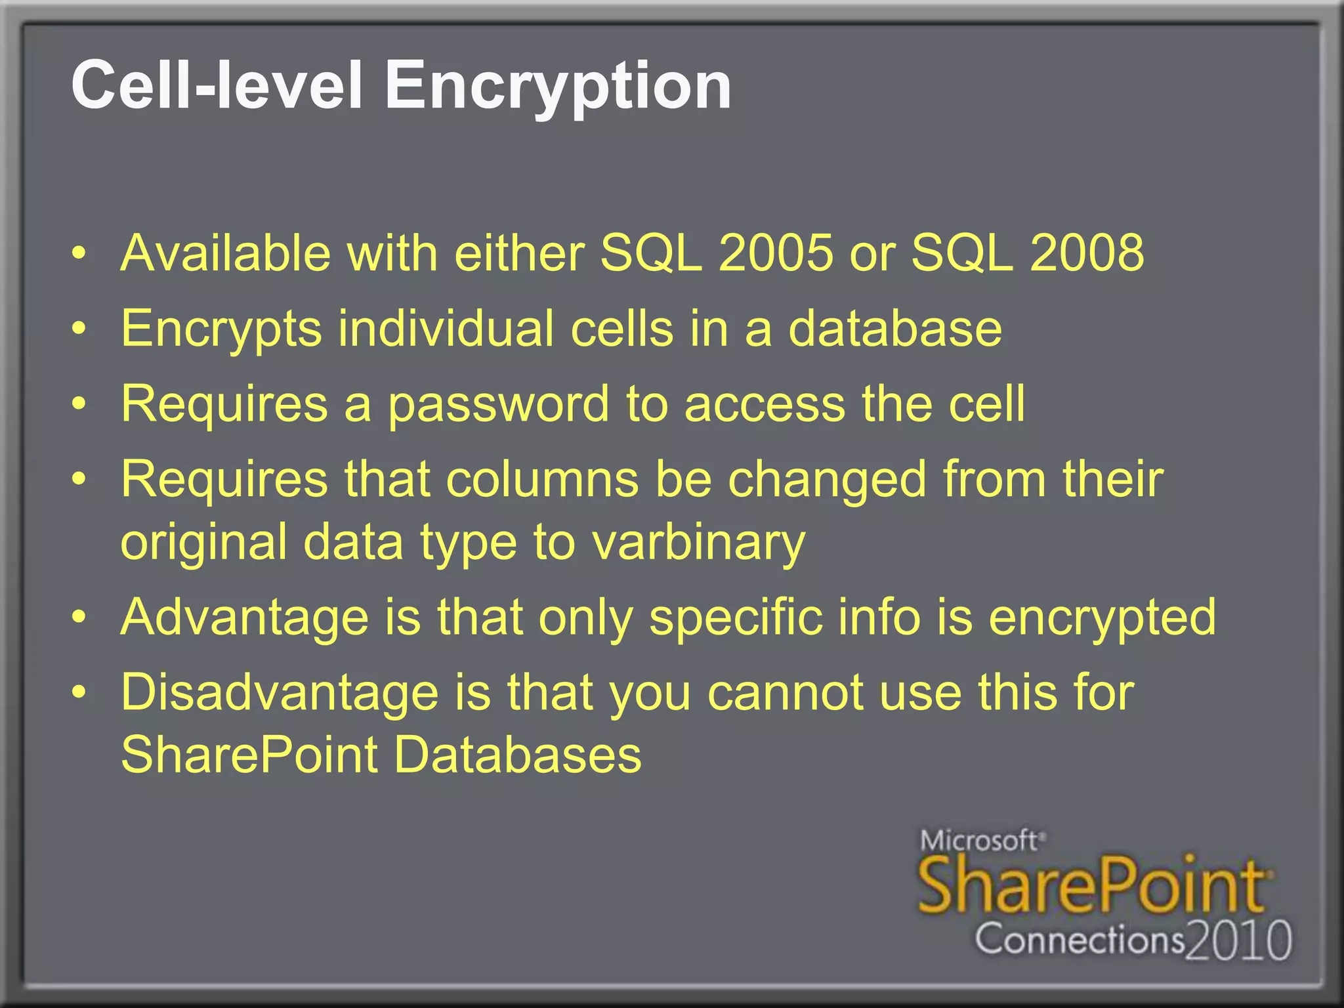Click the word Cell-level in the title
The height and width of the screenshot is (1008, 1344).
click(x=217, y=85)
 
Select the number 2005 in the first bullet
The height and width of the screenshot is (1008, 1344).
click(x=776, y=253)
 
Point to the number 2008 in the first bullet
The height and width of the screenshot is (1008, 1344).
click(x=1087, y=253)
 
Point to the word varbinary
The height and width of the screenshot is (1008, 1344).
click(x=698, y=543)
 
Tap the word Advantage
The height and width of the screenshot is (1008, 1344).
click(x=244, y=618)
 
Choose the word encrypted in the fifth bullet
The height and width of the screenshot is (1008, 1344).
click(x=1102, y=618)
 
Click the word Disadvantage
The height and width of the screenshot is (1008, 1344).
click(x=280, y=693)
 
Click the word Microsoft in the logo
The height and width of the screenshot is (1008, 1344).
click(x=980, y=841)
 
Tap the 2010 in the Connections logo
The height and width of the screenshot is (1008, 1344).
click(x=1239, y=941)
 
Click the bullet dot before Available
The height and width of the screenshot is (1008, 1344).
click(x=79, y=254)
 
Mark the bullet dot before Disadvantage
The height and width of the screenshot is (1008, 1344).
click(x=79, y=692)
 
